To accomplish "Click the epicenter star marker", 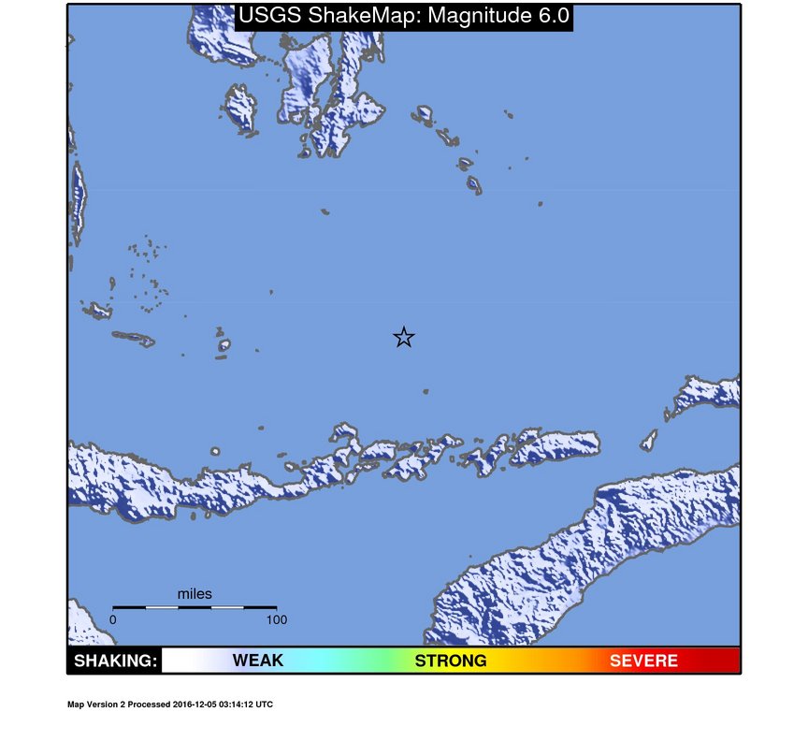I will (x=403, y=338).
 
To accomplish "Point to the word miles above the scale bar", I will (x=195, y=594).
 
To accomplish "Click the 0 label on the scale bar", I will (x=113, y=619).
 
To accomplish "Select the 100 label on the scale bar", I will (x=277, y=619).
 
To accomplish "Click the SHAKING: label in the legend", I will (x=115, y=661).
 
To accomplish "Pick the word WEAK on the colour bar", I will (x=257, y=661).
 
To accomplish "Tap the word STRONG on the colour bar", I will (x=451, y=661).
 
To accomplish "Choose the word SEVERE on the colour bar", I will (x=643, y=661).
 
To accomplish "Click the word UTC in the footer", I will (x=265, y=705).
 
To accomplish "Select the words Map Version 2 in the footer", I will (x=94, y=705).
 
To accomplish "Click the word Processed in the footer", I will (x=149, y=705).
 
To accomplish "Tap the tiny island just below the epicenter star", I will (x=426, y=391).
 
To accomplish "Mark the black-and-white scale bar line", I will (x=195, y=607).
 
